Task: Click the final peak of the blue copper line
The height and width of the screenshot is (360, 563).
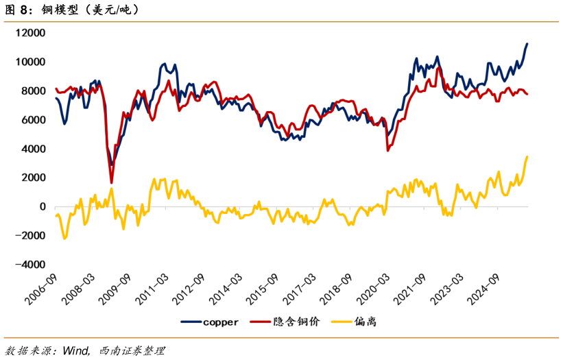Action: click(x=527, y=44)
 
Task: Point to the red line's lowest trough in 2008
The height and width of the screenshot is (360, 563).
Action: click(x=111, y=182)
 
